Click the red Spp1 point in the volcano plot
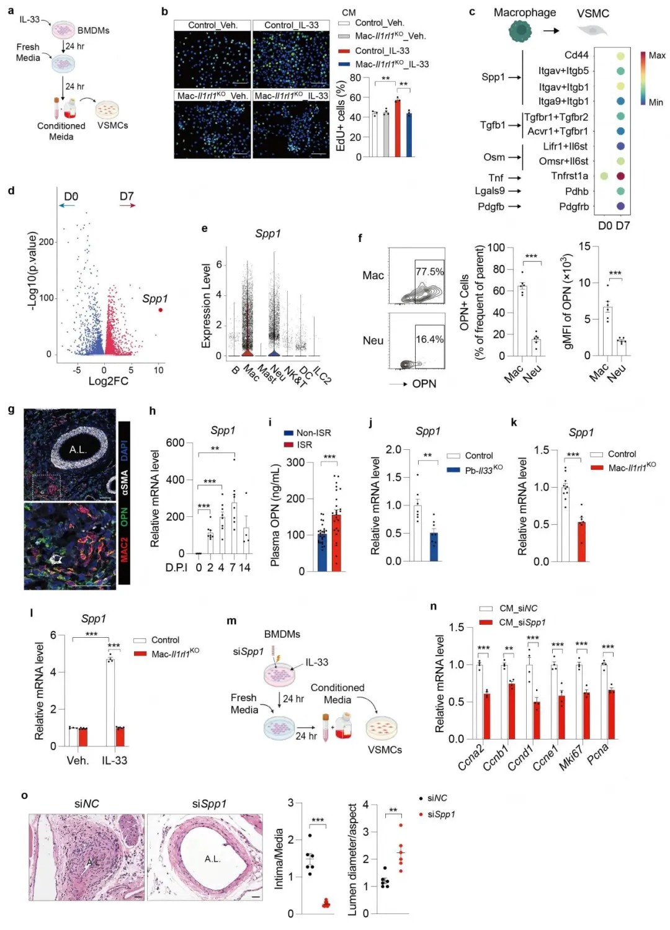(161, 309)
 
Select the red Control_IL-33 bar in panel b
(398, 128)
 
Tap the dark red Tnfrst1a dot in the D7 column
(620, 176)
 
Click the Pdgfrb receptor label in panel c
(574, 207)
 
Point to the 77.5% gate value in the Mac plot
(429, 272)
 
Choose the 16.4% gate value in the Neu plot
(429, 339)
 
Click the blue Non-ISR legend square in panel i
(288, 433)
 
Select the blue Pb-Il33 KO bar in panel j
(434, 546)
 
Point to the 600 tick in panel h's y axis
(175, 442)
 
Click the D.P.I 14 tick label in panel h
(245, 568)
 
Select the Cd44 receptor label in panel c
(576, 55)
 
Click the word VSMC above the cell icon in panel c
(592, 14)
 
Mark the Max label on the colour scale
(657, 55)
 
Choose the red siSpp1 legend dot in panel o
(421, 814)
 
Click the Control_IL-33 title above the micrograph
(291, 25)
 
